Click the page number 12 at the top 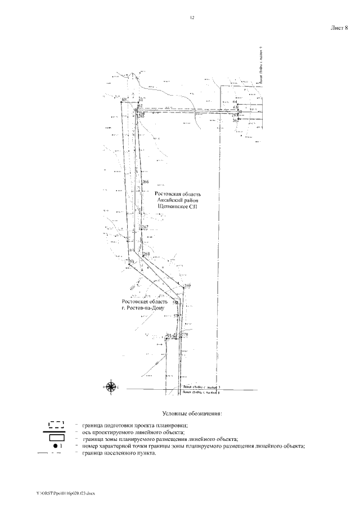pyautogui.click(x=192, y=18)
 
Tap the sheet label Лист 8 pyautogui.click(x=339, y=27)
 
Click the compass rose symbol pyautogui.click(x=111, y=386)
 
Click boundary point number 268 pyautogui.click(x=146, y=255)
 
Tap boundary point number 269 pyautogui.click(x=187, y=286)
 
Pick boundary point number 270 pyautogui.click(x=183, y=335)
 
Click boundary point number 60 pyautogui.click(x=124, y=100)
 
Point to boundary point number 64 pyautogui.click(x=235, y=101)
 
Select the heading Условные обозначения pyautogui.click(x=192, y=413)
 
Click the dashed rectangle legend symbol pyautogui.click(x=57, y=425)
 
